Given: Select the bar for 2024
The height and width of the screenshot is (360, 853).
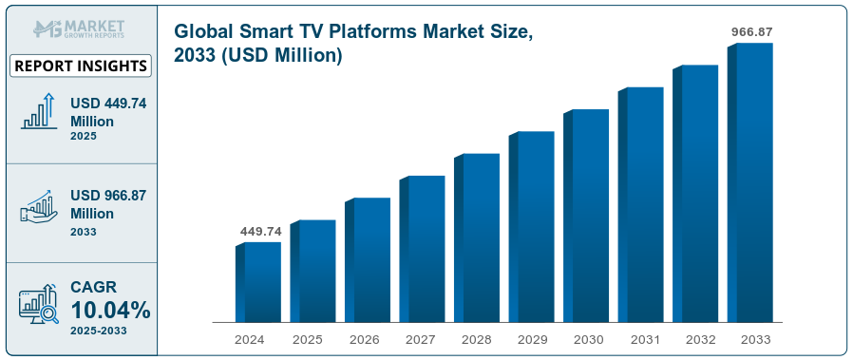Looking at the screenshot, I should pyautogui.click(x=258, y=282).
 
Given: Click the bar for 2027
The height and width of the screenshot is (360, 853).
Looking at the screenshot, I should pyautogui.click(x=422, y=249).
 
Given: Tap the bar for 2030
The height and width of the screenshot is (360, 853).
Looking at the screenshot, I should pyautogui.click(x=586, y=216).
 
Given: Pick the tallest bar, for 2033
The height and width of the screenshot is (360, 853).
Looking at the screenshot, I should pyautogui.click(x=750, y=182).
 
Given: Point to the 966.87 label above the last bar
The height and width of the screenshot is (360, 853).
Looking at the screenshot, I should pyautogui.click(x=751, y=31).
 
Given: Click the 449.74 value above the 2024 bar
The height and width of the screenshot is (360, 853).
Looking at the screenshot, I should pyautogui.click(x=260, y=231).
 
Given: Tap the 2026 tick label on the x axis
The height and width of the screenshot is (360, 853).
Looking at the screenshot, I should pyautogui.click(x=363, y=338).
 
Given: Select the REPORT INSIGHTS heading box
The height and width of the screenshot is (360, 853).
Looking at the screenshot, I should pyautogui.click(x=81, y=66).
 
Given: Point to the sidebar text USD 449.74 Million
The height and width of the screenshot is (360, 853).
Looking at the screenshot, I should pyautogui.click(x=107, y=112).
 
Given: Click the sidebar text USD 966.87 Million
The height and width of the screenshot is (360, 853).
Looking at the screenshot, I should pyautogui.click(x=107, y=204).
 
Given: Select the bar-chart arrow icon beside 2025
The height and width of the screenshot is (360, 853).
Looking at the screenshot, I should pyautogui.click(x=39, y=112).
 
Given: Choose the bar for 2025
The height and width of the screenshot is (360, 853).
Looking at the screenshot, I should pyautogui.click(x=313, y=271).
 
